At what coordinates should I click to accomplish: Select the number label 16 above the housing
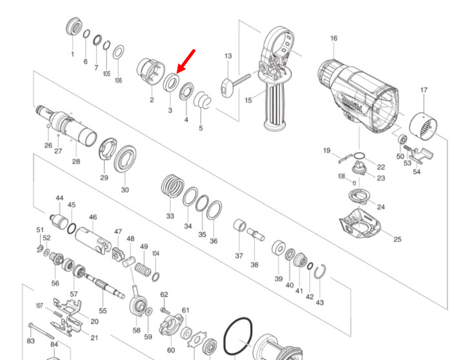[x=333, y=39]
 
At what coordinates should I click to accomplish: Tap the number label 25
[x=397, y=239]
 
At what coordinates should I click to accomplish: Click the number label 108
[x=341, y=175]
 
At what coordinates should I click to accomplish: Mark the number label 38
[x=254, y=265]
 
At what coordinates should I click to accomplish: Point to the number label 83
[x=31, y=340]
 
